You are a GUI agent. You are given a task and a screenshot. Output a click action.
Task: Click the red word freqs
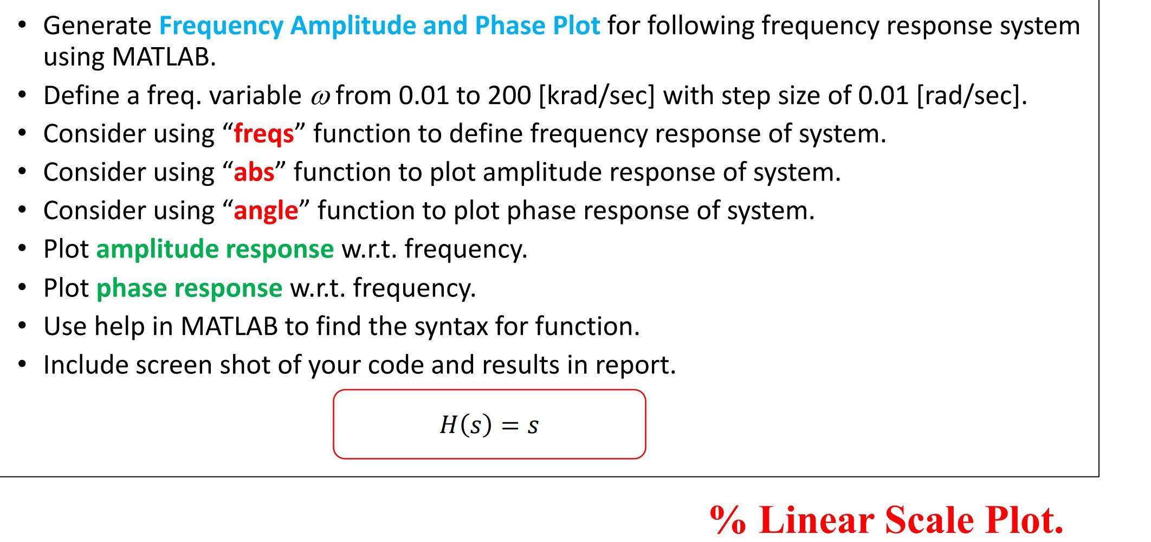click(263, 134)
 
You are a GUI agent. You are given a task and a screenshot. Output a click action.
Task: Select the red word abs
click(254, 172)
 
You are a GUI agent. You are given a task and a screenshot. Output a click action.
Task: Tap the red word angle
click(266, 211)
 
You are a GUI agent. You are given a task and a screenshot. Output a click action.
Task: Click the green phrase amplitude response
click(215, 249)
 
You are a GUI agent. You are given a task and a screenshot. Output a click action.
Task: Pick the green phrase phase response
click(189, 288)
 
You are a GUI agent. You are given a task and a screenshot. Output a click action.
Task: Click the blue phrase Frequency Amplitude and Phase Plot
click(379, 25)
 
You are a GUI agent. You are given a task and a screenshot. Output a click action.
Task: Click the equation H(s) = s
click(489, 424)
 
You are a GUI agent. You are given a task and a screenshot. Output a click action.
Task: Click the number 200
click(509, 96)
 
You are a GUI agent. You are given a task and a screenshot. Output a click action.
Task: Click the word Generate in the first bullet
click(98, 25)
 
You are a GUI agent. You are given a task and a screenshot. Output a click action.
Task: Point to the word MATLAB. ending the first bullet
click(164, 57)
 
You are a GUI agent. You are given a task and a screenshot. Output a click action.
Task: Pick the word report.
click(636, 365)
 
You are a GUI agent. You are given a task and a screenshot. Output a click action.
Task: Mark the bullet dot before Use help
click(22, 326)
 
